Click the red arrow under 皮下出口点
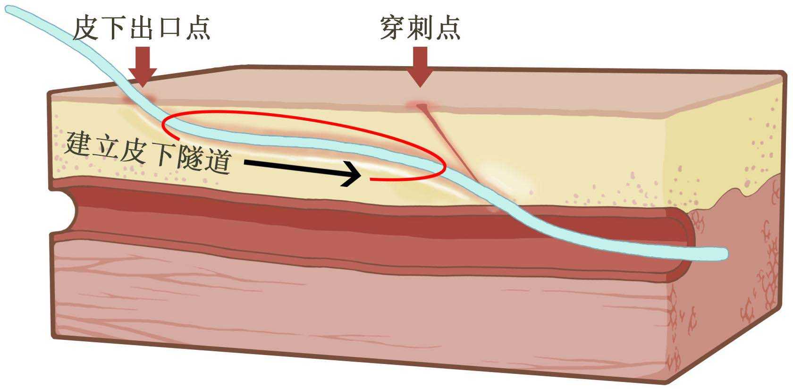coord(142,66)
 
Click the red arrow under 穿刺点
coord(420,66)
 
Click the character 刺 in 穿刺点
coord(420,28)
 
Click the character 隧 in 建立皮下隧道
coord(189,159)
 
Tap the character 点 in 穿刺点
coord(447,28)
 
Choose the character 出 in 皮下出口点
coord(142,28)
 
